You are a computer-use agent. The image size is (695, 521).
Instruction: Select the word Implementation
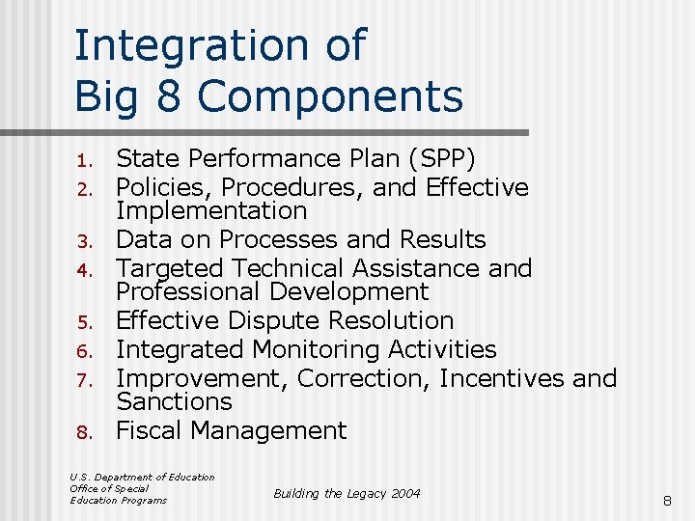click(211, 210)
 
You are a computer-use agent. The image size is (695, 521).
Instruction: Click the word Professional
click(189, 291)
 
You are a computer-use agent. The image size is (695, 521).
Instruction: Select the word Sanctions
click(174, 401)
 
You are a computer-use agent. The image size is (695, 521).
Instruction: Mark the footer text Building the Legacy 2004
click(347, 493)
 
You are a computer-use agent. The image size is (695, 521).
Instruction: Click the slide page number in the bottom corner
click(665, 500)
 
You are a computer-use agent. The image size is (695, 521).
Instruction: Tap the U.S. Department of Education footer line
click(142, 477)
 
